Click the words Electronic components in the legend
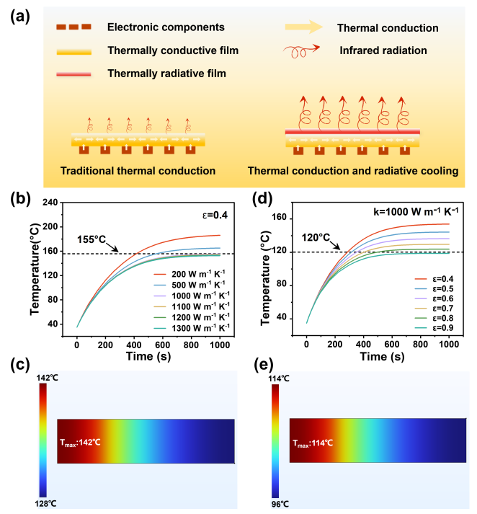tap(166, 27)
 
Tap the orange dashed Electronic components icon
tap(73, 27)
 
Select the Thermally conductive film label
tap(172, 50)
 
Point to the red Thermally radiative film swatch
tap(73, 74)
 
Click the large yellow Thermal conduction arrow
tap(303, 27)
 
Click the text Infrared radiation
tap(383, 50)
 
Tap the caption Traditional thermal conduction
tap(138, 171)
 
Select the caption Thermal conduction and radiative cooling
tap(353, 171)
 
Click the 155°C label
tap(92, 239)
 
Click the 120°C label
tap(316, 236)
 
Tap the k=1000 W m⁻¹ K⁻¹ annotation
tap(417, 211)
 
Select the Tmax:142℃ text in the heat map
tap(80, 441)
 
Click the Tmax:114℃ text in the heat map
tap(312, 445)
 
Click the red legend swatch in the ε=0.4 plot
tap(161, 274)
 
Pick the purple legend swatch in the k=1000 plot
tap(422, 298)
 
